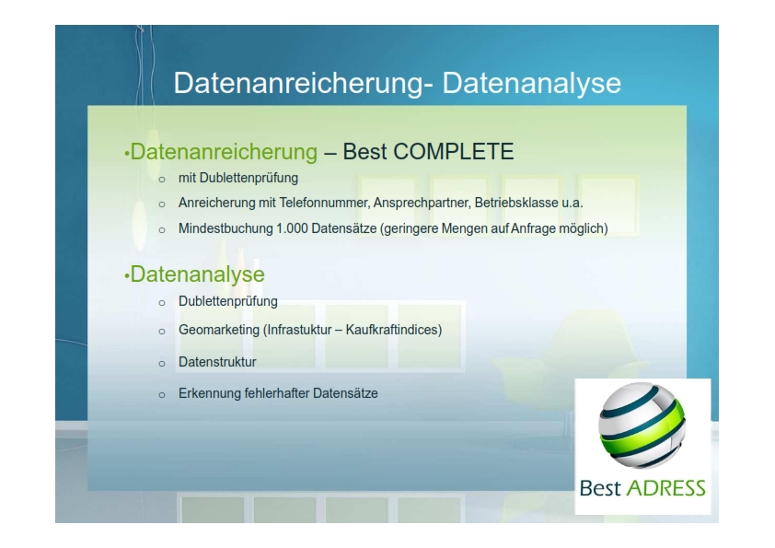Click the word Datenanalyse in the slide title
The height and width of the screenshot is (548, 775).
(x=531, y=83)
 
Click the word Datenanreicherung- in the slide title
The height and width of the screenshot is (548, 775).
(x=304, y=83)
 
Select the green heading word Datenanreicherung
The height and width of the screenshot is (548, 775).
(x=224, y=151)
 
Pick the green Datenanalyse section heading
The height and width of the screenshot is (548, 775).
(x=197, y=274)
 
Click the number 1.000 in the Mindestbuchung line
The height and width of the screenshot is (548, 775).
(x=292, y=228)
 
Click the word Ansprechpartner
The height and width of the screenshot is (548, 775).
(x=422, y=203)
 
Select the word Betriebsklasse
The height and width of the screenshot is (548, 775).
(x=516, y=203)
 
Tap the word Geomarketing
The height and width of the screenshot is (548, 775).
(x=219, y=330)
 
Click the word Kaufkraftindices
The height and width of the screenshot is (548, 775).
(x=393, y=330)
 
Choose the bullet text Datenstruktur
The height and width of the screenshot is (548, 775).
(x=217, y=362)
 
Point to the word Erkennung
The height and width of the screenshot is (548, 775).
(x=210, y=393)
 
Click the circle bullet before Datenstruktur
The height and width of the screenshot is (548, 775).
(x=162, y=364)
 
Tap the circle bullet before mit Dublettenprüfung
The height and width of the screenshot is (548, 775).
(x=162, y=180)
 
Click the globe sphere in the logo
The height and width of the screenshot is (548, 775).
(x=642, y=426)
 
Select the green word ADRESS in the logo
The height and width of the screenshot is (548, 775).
(x=665, y=488)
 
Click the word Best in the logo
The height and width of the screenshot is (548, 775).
(x=600, y=488)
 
